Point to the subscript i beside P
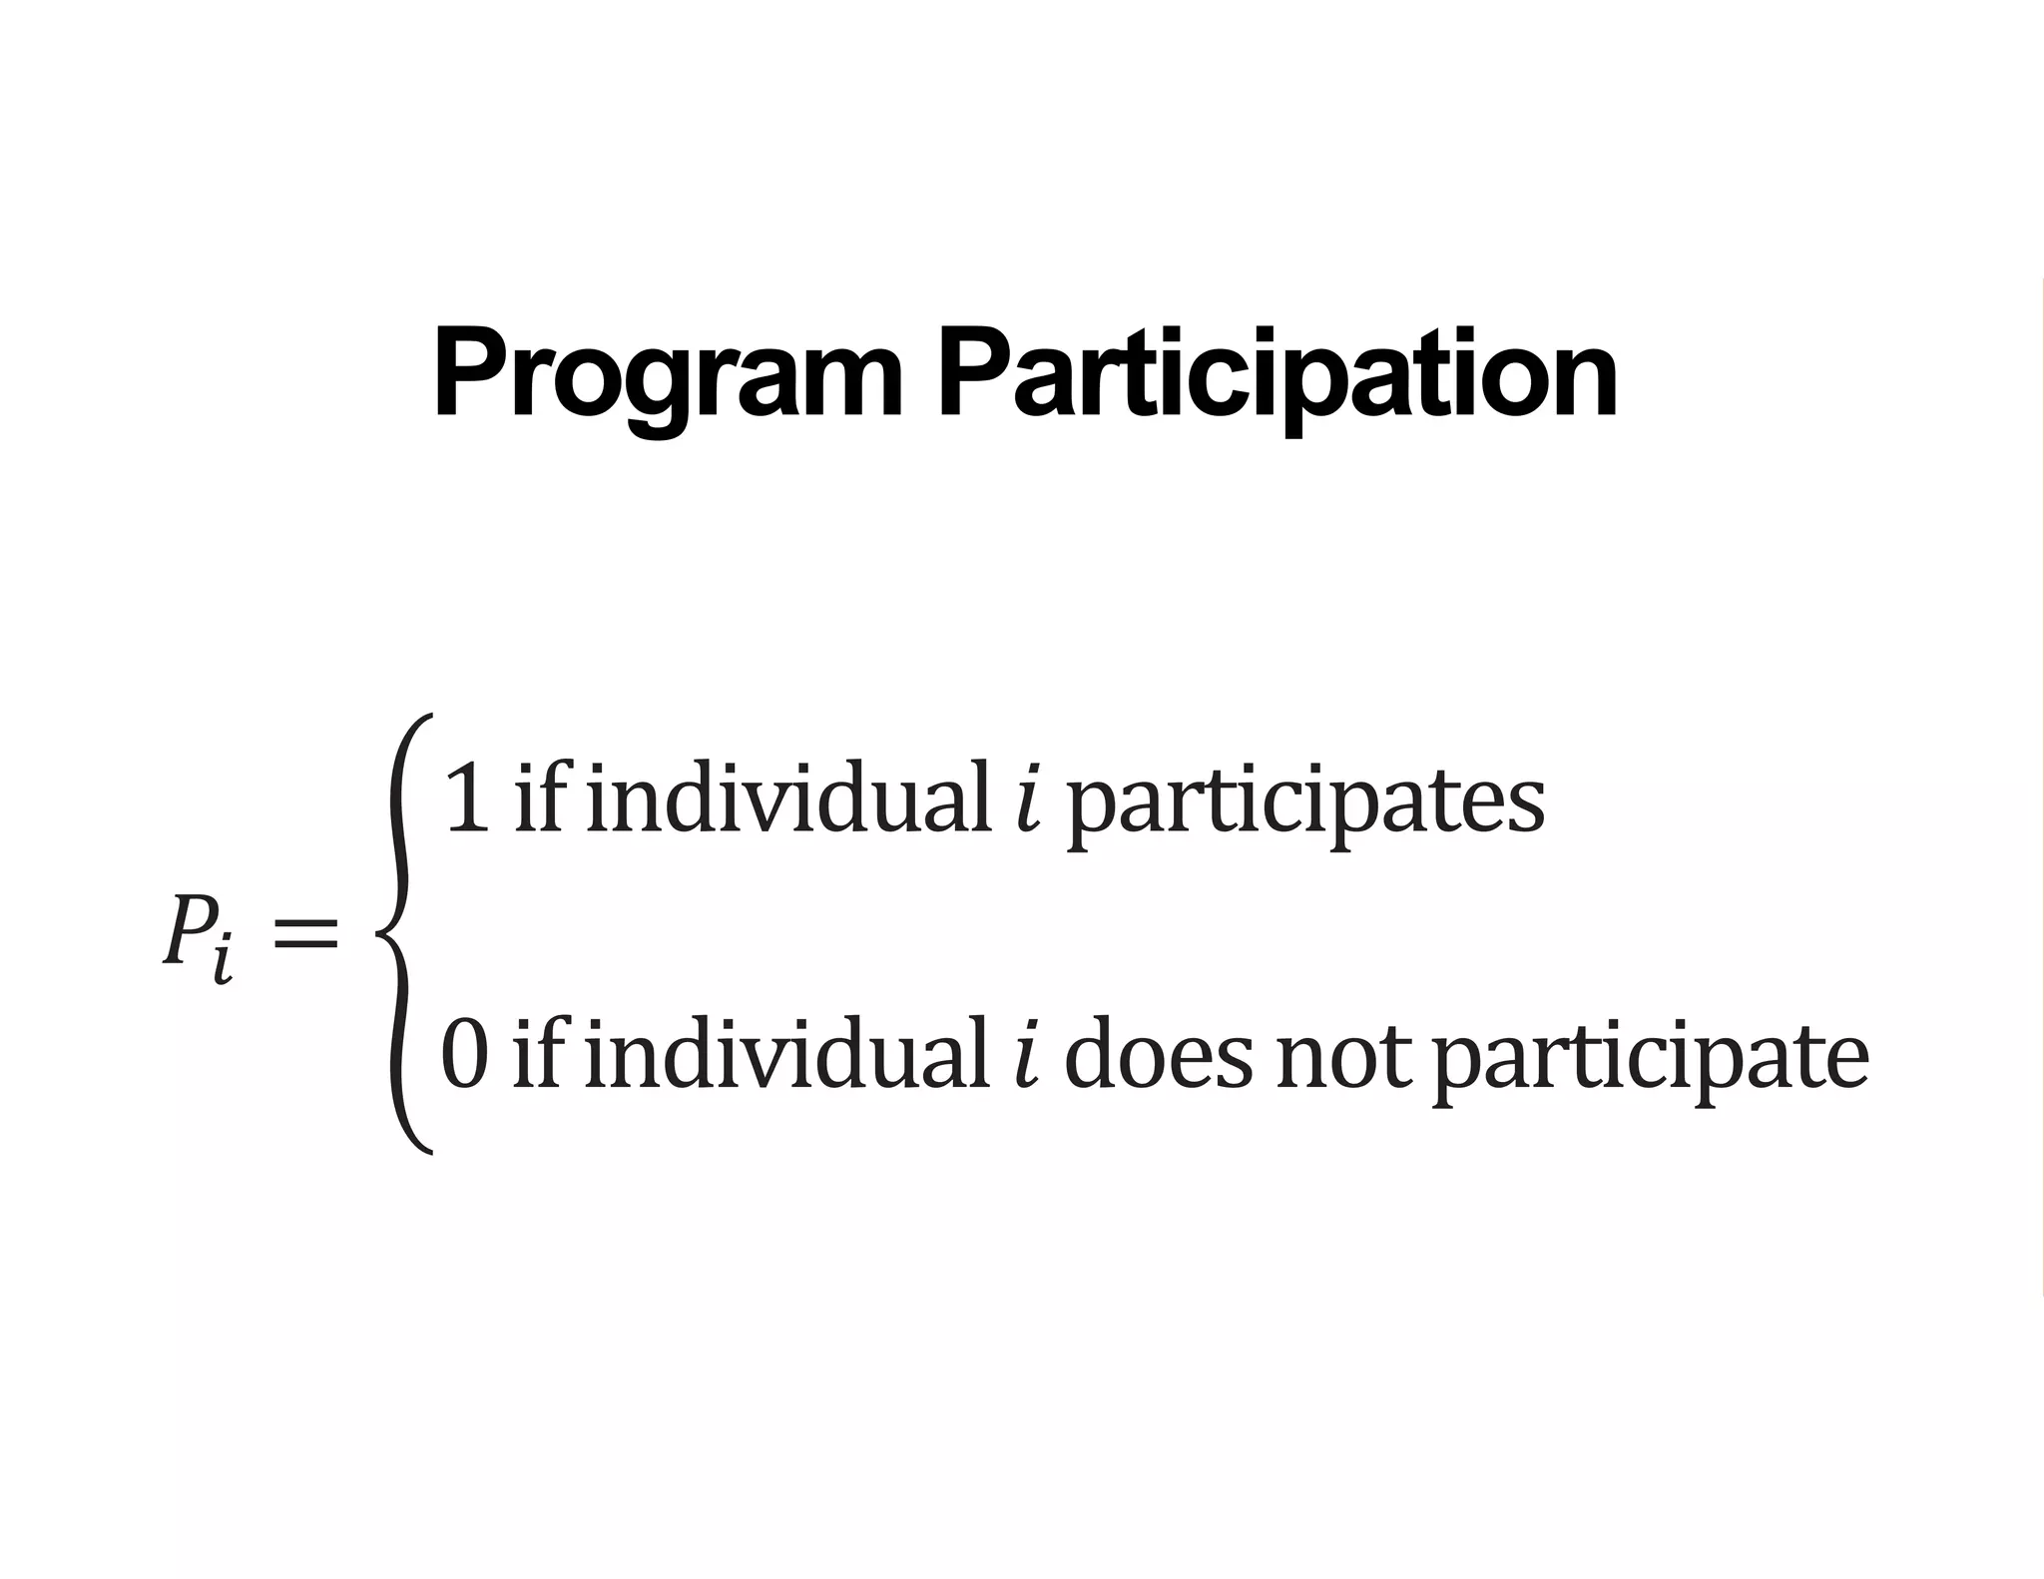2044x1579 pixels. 224,960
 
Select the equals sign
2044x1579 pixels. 305,936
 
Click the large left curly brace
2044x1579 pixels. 405,934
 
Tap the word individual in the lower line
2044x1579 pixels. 786,1053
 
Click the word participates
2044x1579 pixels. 1305,803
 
